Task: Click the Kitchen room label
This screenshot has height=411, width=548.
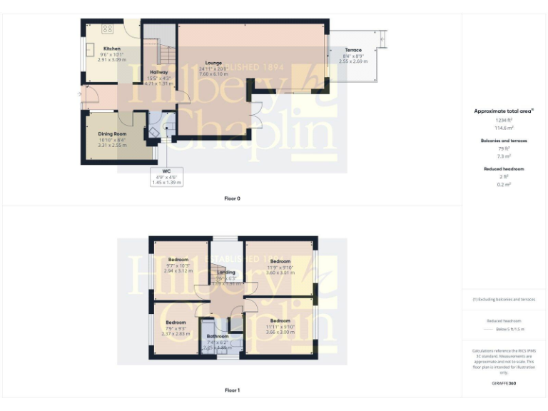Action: click(x=101, y=49)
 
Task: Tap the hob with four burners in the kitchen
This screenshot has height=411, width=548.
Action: click(x=108, y=29)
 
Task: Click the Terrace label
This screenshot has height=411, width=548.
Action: click(x=353, y=50)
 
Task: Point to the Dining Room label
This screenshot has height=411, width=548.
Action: click(x=112, y=134)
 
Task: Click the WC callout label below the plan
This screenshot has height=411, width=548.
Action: click(x=166, y=171)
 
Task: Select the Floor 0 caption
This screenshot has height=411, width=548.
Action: click(x=233, y=198)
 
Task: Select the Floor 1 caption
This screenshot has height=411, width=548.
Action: click(x=233, y=390)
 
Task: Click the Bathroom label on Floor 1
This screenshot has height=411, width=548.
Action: click(x=218, y=336)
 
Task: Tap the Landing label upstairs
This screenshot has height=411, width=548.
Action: click(x=226, y=273)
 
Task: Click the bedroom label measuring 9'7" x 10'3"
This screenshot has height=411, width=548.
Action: click(x=178, y=259)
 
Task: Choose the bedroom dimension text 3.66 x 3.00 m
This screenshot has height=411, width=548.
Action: click(x=280, y=332)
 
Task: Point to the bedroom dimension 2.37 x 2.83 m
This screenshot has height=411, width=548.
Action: click(x=176, y=333)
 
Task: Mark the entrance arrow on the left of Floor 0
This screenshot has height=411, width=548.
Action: click(x=79, y=94)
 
